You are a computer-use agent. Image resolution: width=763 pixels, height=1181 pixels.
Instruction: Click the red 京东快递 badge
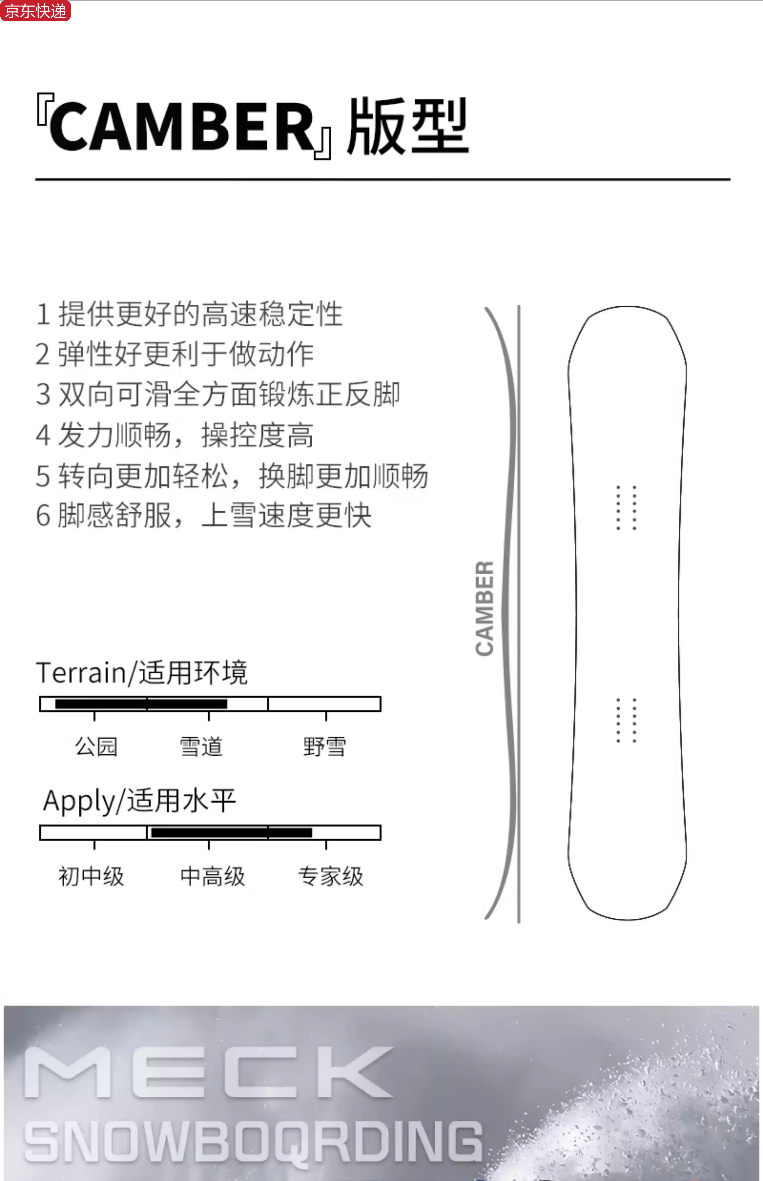pyautogui.click(x=35, y=10)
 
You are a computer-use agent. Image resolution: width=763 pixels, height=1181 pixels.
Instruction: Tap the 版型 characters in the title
pyautogui.click(x=407, y=127)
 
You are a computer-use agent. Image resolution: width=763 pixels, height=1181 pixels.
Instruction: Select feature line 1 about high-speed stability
pyautogui.click(x=189, y=314)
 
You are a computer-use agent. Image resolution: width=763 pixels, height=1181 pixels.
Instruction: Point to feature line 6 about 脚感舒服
pyautogui.click(x=203, y=515)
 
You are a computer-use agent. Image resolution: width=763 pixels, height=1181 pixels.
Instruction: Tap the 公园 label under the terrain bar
pyautogui.click(x=96, y=746)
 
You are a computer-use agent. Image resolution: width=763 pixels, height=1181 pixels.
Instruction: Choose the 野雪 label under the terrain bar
pyautogui.click(x=325, y=746)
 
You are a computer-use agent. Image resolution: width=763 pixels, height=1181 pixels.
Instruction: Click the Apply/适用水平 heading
pyautogui.click(x=139, y=801)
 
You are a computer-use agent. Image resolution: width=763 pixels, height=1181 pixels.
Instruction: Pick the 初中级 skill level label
pyautogui.click(x=91, y=876)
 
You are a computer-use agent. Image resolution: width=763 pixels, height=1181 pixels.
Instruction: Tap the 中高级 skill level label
pyautogui.click(x=213, y=876)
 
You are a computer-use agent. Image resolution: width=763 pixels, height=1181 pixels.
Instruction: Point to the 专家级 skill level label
pyautogui.click(x=330, y=876)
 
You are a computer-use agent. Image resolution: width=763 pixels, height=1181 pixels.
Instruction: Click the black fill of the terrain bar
pyautogui.click(x=141, y=704)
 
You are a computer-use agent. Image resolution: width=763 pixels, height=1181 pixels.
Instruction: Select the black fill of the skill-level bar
pyautogui.click(x=231, y=833)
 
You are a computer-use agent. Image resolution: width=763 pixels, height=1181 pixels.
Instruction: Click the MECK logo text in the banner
pyautogui.click(x=208, y=1072)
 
